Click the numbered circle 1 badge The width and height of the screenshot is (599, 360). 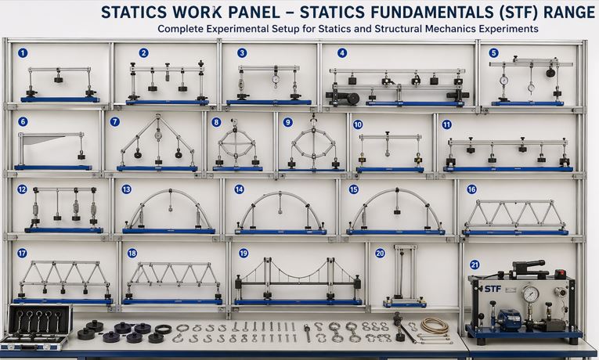[x=23, y=53]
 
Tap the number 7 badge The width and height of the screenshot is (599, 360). [x=114, y=122]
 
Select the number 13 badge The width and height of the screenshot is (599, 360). [x=126, y=189]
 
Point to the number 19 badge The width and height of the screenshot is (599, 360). [x=244, y=253]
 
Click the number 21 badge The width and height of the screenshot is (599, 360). [x=475, y=265]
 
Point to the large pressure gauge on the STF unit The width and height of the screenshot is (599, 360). [x=531, y=294]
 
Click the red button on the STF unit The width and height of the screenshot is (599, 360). [x=560, y=273]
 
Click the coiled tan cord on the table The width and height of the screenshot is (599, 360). [x=435, y=326]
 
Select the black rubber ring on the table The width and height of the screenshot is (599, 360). [x=164, y=329]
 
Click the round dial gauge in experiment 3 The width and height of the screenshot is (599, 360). [x=276, y=79]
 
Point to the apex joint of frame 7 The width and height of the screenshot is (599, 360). [x=158, y=116]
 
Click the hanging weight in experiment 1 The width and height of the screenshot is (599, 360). [x=58, y=79]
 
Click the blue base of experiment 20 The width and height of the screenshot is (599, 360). [x=405, y=304]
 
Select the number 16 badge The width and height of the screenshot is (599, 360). [x=472, y=189]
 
